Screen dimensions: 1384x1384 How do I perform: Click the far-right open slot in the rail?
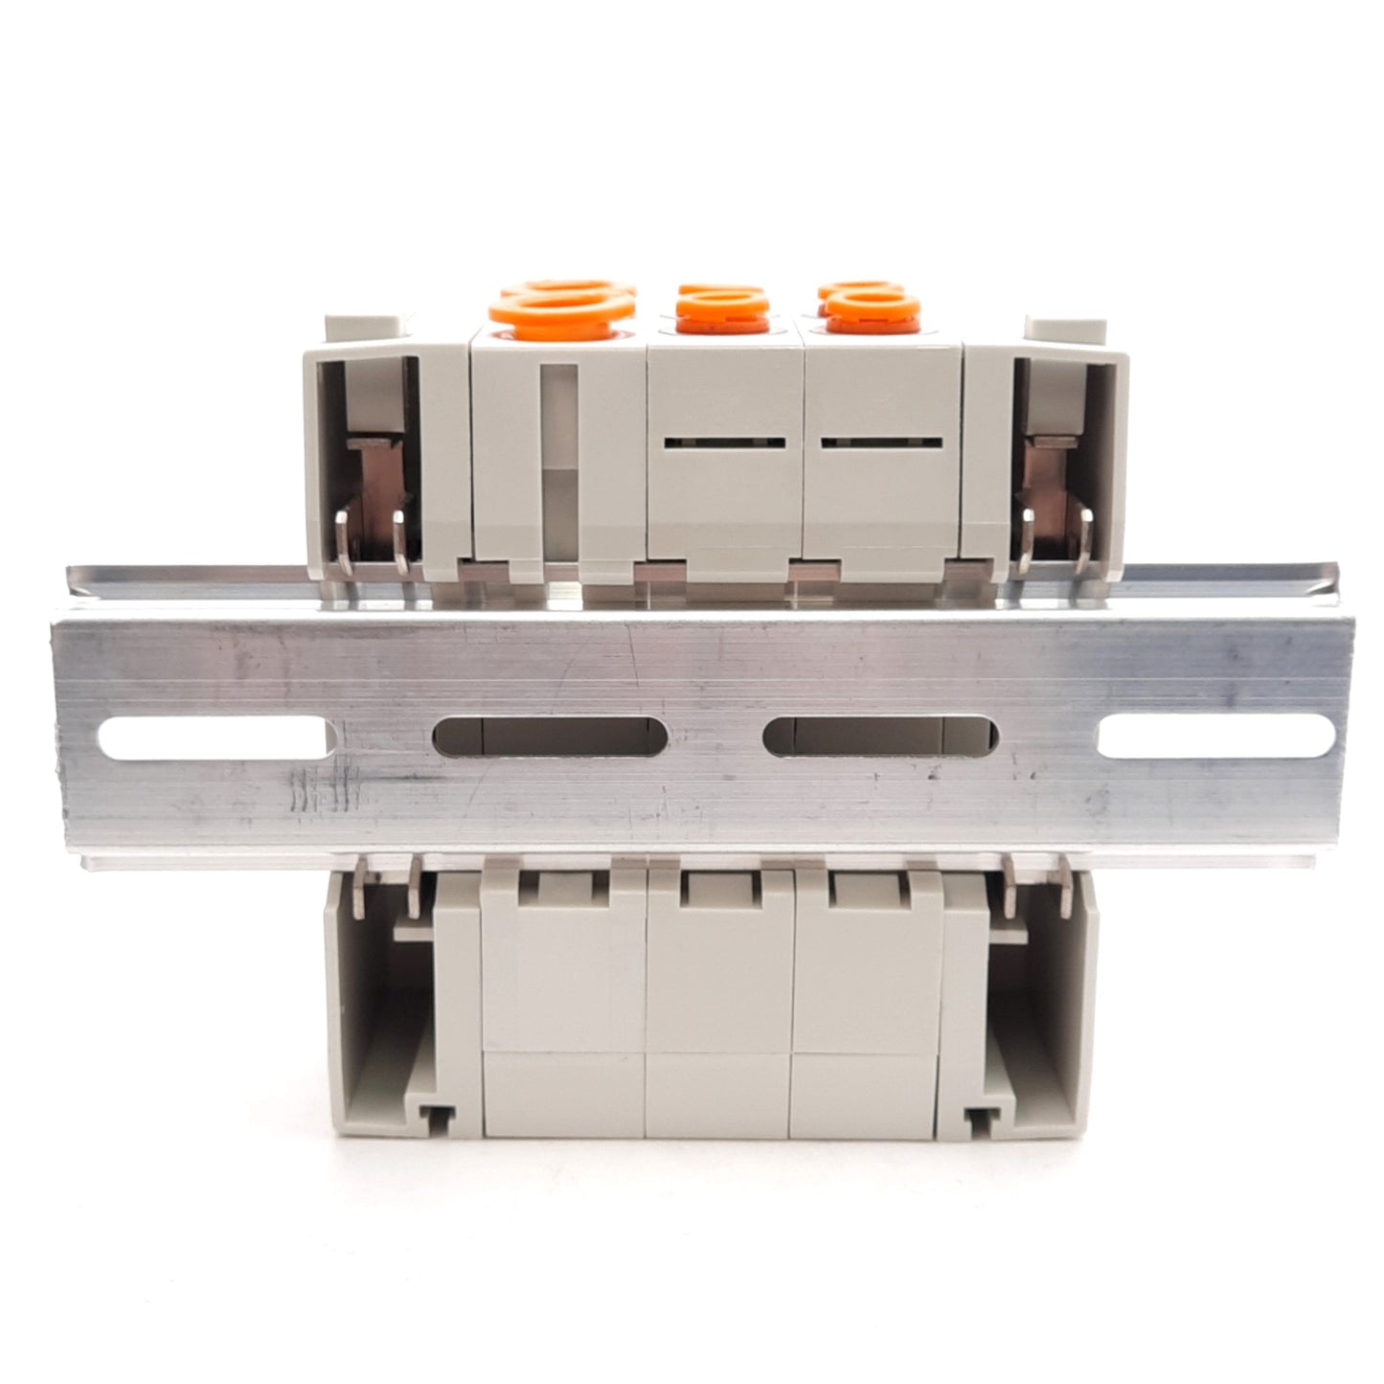coord(1215,738)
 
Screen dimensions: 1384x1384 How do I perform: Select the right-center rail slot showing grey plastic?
coord(880,737)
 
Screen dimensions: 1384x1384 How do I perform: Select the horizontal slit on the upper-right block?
coord(881,442)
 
